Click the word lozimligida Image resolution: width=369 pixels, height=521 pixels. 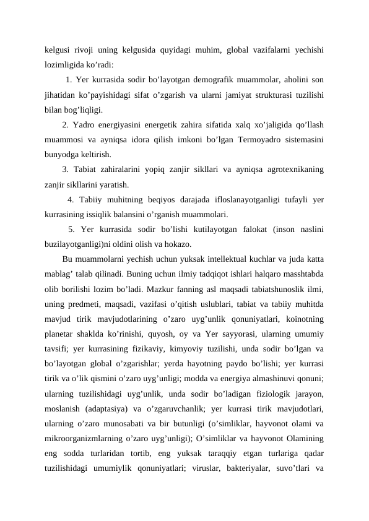pos(64,63)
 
